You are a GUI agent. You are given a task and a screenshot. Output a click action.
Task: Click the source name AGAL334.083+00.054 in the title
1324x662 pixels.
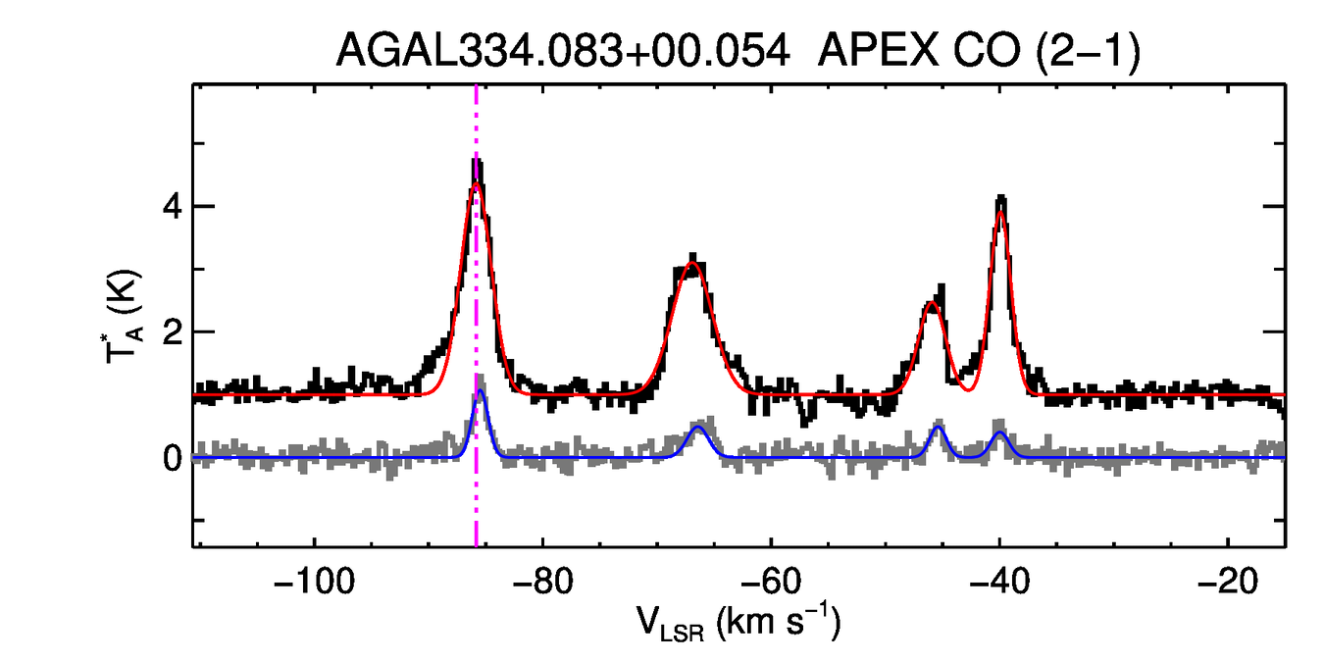coord(563,50)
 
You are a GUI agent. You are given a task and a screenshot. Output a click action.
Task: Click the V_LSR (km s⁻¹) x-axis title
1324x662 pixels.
coord(741,622)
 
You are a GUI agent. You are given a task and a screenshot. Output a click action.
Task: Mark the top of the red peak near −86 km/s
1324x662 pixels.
coord(477,184)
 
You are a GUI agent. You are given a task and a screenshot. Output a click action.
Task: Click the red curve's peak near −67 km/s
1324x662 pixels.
coord(691,263)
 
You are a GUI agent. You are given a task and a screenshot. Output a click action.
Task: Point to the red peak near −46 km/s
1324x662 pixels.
coord(932,303)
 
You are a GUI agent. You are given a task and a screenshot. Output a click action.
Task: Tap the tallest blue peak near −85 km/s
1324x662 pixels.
coord(481,391)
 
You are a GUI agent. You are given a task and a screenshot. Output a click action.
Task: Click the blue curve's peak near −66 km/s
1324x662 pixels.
coord(698,427)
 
